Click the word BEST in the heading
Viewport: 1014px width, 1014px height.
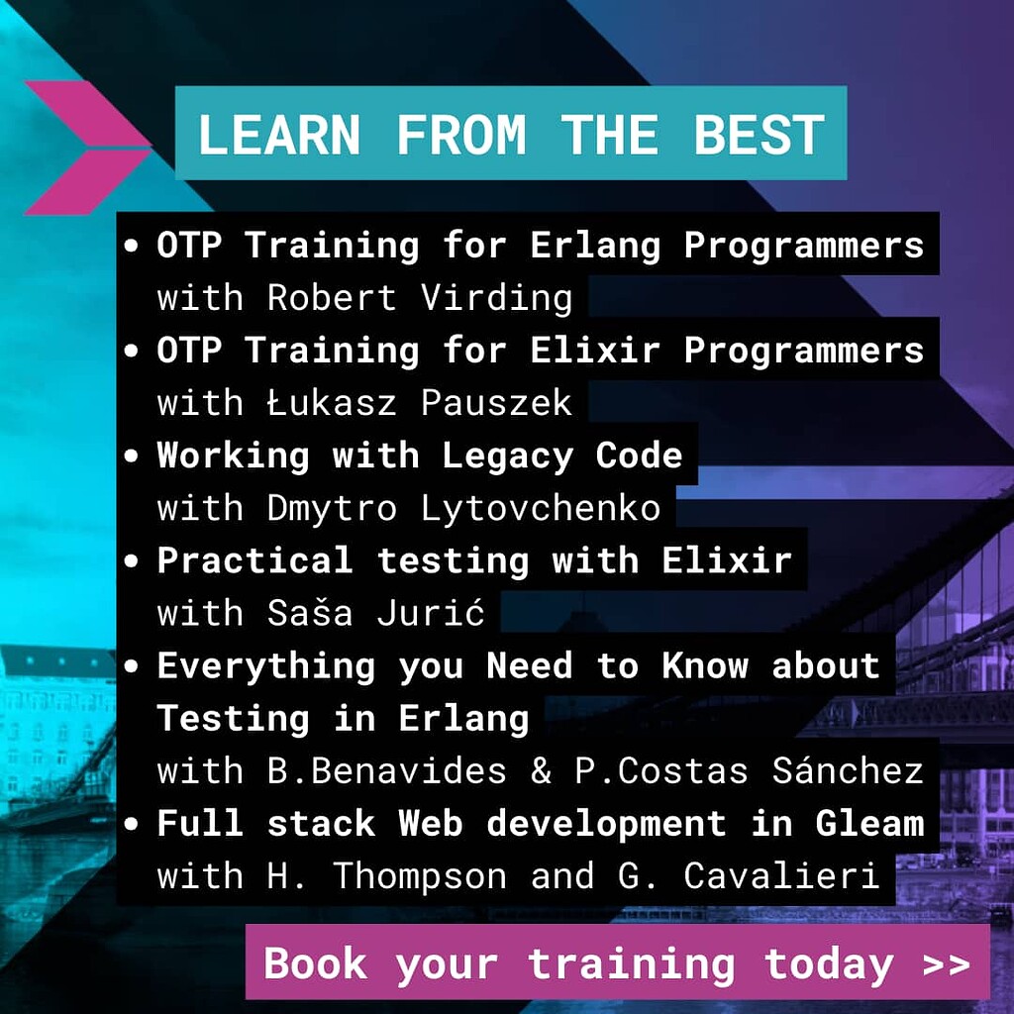[x=759, y=135]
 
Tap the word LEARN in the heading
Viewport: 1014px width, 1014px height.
[x=278, y=135]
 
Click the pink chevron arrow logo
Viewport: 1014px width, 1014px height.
[x=87, y=147]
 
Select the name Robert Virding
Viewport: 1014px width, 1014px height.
[x=419, y=298]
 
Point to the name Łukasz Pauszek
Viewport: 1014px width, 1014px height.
[x=419, y=403]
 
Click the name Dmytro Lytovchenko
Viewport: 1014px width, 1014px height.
[x=463, y=508]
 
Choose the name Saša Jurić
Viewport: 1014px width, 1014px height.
[x=375, y=613]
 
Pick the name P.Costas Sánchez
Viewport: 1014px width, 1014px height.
[x=749, y=771]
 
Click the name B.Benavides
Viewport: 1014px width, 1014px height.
[x=387, y=771]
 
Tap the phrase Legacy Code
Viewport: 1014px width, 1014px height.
[x=561, y=456]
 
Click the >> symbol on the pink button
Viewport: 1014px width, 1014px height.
[x=945, y=963]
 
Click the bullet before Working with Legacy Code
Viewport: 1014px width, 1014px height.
[x=133, y=456]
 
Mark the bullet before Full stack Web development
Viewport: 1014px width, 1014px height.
[x=133, y=825]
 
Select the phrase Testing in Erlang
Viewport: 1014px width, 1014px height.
[x=343, y=719]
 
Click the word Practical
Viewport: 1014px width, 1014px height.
[x=254, y=560]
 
